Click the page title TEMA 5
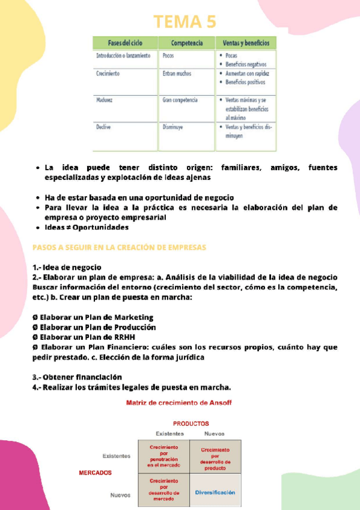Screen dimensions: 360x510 (185, 22)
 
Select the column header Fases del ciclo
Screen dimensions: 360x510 (124, 44)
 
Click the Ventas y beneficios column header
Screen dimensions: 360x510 (246, 44)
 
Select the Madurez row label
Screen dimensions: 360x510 (105, 100)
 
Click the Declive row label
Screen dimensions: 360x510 (104, 127)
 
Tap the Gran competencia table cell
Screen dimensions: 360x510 (180, 100)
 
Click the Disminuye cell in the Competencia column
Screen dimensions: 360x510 (173, 127)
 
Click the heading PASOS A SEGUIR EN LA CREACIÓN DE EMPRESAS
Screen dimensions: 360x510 (119, 247)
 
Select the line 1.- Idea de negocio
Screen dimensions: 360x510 (67, 267)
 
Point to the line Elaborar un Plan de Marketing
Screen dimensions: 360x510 (93, 317)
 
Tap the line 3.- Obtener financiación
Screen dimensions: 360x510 (81, 376)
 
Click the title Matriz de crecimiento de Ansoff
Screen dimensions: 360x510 (178, 402)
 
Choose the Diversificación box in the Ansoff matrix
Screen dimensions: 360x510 (215, 492)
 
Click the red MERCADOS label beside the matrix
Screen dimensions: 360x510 (95, 473)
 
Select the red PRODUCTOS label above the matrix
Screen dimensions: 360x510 (191, 423)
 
